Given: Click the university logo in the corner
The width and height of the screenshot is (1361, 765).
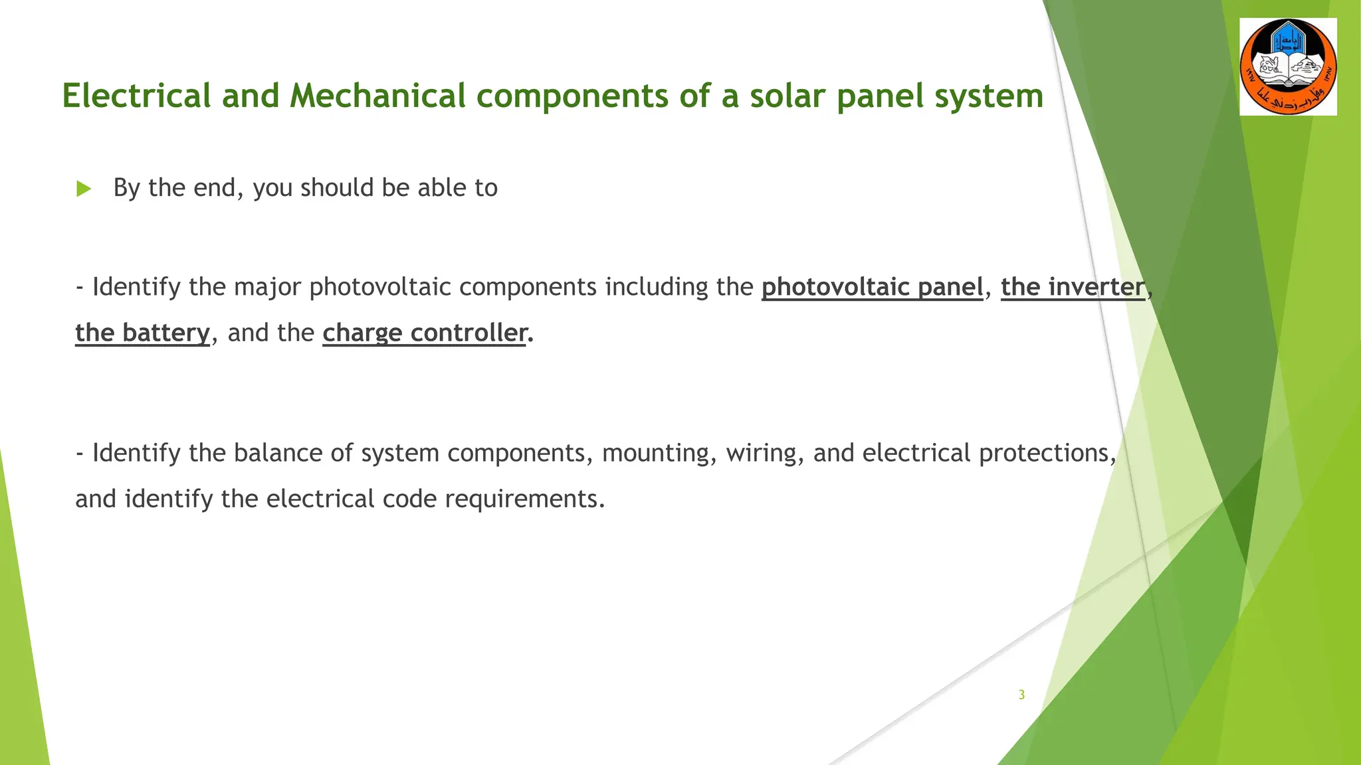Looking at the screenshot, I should pos(1288,67).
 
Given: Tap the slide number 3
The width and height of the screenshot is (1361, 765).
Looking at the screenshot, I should pos(1021,695).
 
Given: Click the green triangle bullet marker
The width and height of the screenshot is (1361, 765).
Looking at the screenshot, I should pos(83,189).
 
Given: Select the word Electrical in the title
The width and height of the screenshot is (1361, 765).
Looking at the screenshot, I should pos(137,96).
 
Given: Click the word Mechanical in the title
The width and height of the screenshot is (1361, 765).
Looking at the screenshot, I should pos(377,96).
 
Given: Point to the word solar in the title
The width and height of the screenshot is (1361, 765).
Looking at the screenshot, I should pos(787,96).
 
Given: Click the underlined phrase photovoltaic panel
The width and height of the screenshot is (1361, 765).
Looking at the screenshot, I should pos(872,287).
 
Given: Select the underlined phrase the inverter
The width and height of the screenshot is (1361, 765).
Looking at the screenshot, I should pos(1073,287).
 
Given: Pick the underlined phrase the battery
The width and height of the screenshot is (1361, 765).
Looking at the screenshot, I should pos(142,333).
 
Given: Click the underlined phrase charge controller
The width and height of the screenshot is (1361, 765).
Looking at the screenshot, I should pos(425,333).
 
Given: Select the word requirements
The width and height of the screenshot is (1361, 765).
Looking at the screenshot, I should pos(524,499).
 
